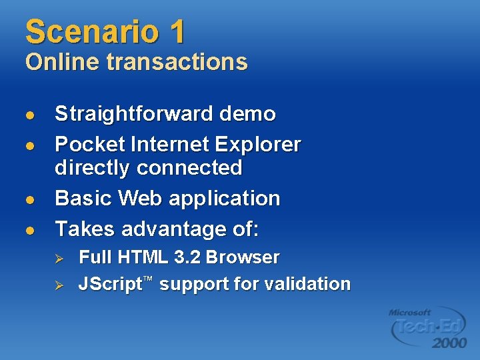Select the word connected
click(x=189, y=167)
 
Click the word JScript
click(x=110, y=285)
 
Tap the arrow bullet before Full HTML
click(x=58, y=258)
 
